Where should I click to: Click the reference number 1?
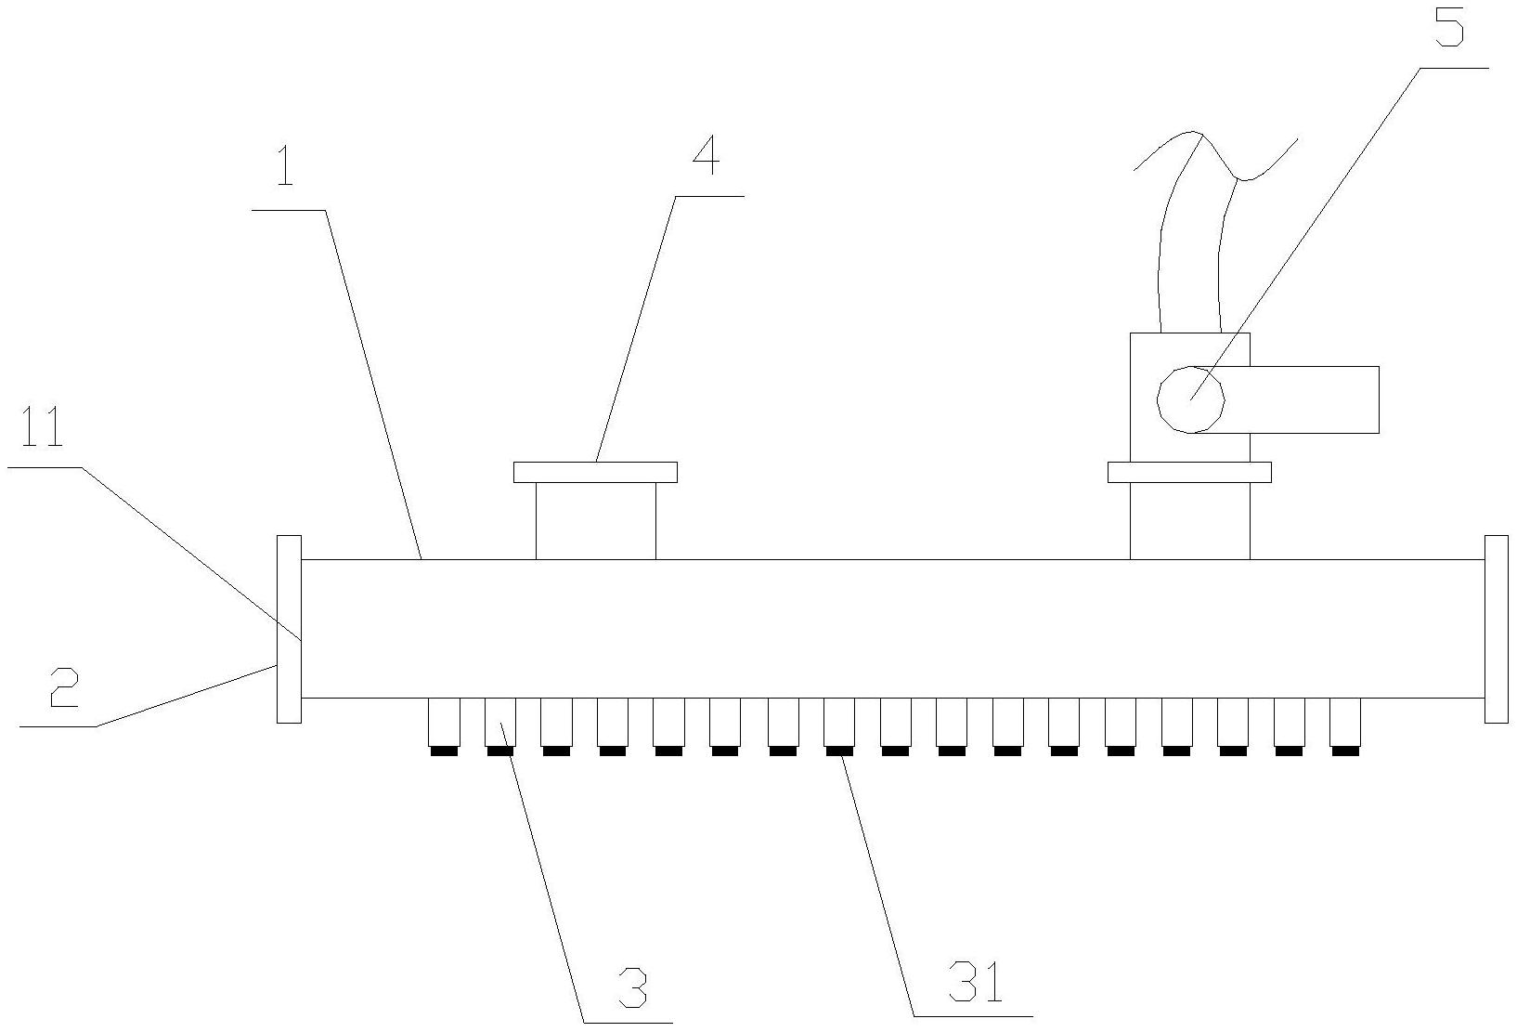tap(284, 166)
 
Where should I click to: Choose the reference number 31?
tap(976, 983)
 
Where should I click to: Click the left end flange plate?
tap(289, 628)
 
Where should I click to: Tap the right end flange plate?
tap(1496, 628)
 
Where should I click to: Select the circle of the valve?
tap(1191, 399)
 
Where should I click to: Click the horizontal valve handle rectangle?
tap(1300, 399)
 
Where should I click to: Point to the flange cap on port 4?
tap(595, 472)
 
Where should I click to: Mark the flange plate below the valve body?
tap(1189, 472)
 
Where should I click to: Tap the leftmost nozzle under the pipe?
tap(444, 723)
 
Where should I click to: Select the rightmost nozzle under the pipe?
tap(1344, 723)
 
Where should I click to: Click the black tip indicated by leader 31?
tap(839, 751)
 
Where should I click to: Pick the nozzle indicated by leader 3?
tap(500, 723)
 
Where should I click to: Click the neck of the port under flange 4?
tap(595, 520)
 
